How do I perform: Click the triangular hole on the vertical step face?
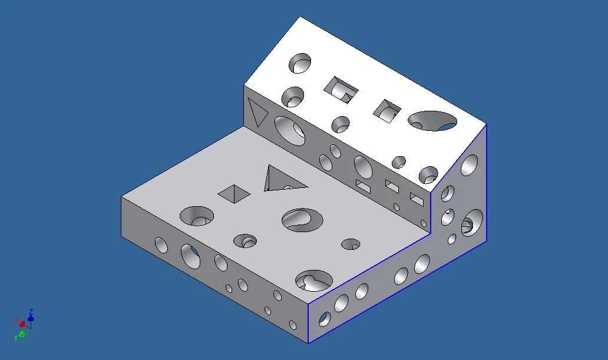257,112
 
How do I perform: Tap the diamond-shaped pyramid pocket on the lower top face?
234,193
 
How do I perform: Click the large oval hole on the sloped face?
432,121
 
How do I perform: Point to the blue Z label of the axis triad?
31,312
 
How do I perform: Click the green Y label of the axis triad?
16,338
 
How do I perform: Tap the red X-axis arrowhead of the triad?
22,323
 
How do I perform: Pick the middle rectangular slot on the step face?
392,186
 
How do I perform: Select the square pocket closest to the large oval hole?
386,111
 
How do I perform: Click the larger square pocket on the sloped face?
341,90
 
